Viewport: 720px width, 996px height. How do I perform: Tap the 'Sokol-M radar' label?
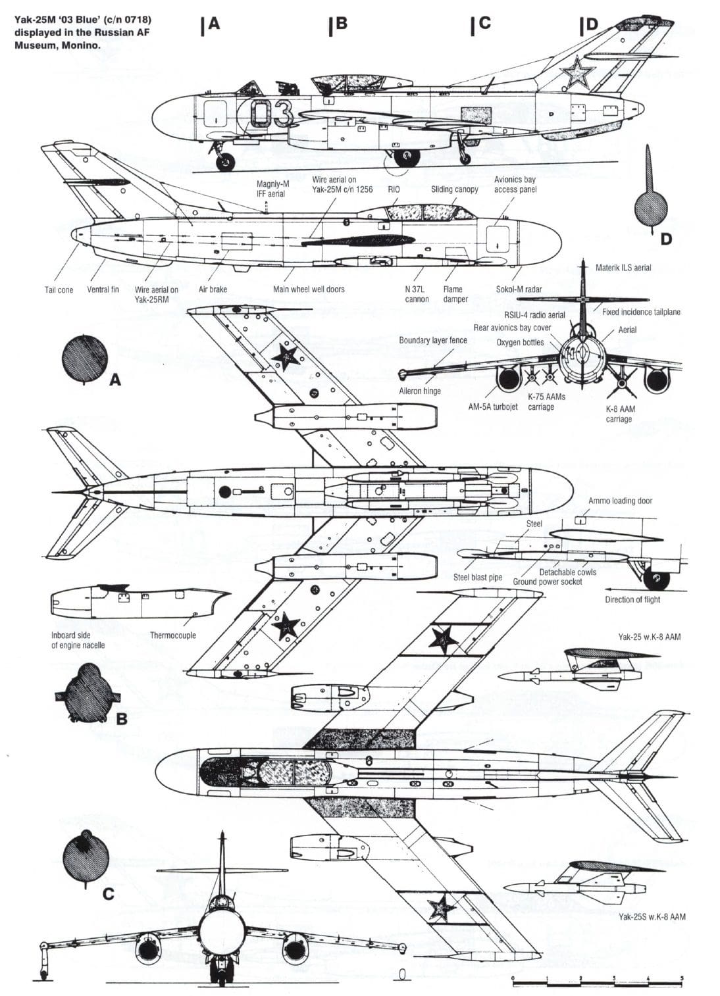(519, 289)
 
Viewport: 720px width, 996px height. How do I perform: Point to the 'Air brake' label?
(213, 289)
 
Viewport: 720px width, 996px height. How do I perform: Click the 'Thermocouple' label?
(172, 635)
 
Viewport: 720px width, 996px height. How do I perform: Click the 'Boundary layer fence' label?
(432, 340)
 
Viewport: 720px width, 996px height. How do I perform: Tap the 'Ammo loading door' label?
(620, 501)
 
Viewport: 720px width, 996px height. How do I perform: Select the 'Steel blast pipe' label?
(477, 578)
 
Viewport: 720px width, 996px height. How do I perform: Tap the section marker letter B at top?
(338, 24)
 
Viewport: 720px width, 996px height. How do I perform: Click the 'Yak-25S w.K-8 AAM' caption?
(652, 916)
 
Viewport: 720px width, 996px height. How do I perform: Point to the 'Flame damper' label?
(455, 294)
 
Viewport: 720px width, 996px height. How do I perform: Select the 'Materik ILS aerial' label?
(623, 268)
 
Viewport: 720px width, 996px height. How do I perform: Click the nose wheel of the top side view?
(226, 160)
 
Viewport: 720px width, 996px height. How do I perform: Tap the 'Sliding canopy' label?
(455, 189)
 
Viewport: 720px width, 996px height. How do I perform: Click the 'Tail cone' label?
(59, 290)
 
